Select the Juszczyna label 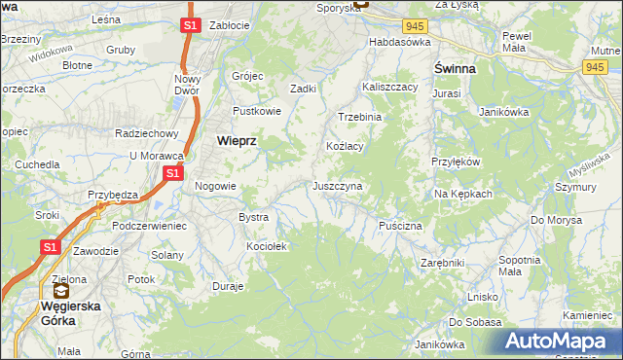coord(337,186)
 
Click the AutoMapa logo coord(558,341)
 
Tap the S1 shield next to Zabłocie coord(190,25)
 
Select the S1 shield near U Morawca coord(172,173)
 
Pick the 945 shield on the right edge coord(597,66)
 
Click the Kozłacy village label coord(344,146)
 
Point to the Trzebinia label coord(360,117)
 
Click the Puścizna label coord(400,226)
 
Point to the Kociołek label coord(267,247)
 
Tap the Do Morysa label coord(556,220)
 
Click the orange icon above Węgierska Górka coord(60,290)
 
